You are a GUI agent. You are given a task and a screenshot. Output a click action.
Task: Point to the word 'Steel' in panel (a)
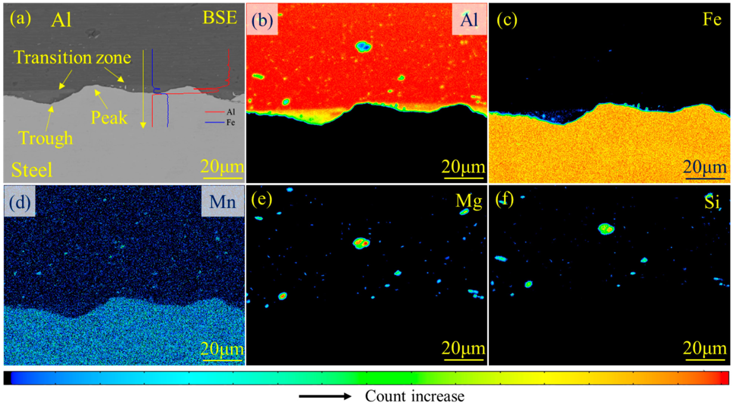pos(32,170)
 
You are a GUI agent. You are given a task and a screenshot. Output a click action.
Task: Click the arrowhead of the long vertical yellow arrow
pos(143,125)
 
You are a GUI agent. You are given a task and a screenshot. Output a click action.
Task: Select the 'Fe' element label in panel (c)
pos(712,19)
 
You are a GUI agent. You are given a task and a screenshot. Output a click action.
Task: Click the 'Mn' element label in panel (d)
pos(222,202)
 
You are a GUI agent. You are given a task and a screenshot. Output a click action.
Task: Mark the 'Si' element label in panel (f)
pos(711,202)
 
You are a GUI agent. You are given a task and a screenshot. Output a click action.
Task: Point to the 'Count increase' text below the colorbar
pos(415,396)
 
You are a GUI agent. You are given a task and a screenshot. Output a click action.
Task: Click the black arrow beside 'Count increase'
pos(325,396)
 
